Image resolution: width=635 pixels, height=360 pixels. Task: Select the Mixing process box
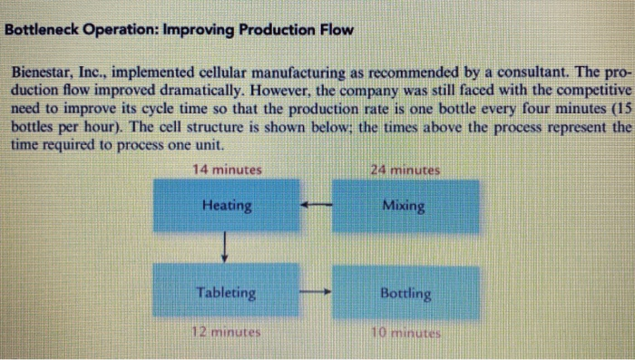pos(405,206)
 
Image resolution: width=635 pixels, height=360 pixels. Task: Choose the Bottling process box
pos(405,294)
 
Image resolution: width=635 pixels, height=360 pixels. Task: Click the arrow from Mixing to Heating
pos(316,205)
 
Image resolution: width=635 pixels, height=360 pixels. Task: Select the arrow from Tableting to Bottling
pos(315,294)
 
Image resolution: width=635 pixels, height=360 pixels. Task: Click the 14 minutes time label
pos(227,170)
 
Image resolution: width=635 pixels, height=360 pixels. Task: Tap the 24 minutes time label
pos(405,170)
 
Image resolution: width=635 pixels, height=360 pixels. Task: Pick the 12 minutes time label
pos(227,332)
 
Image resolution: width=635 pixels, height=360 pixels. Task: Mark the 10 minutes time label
pos(405,333)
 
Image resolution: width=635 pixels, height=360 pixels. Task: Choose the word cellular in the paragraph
pos(247,71)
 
